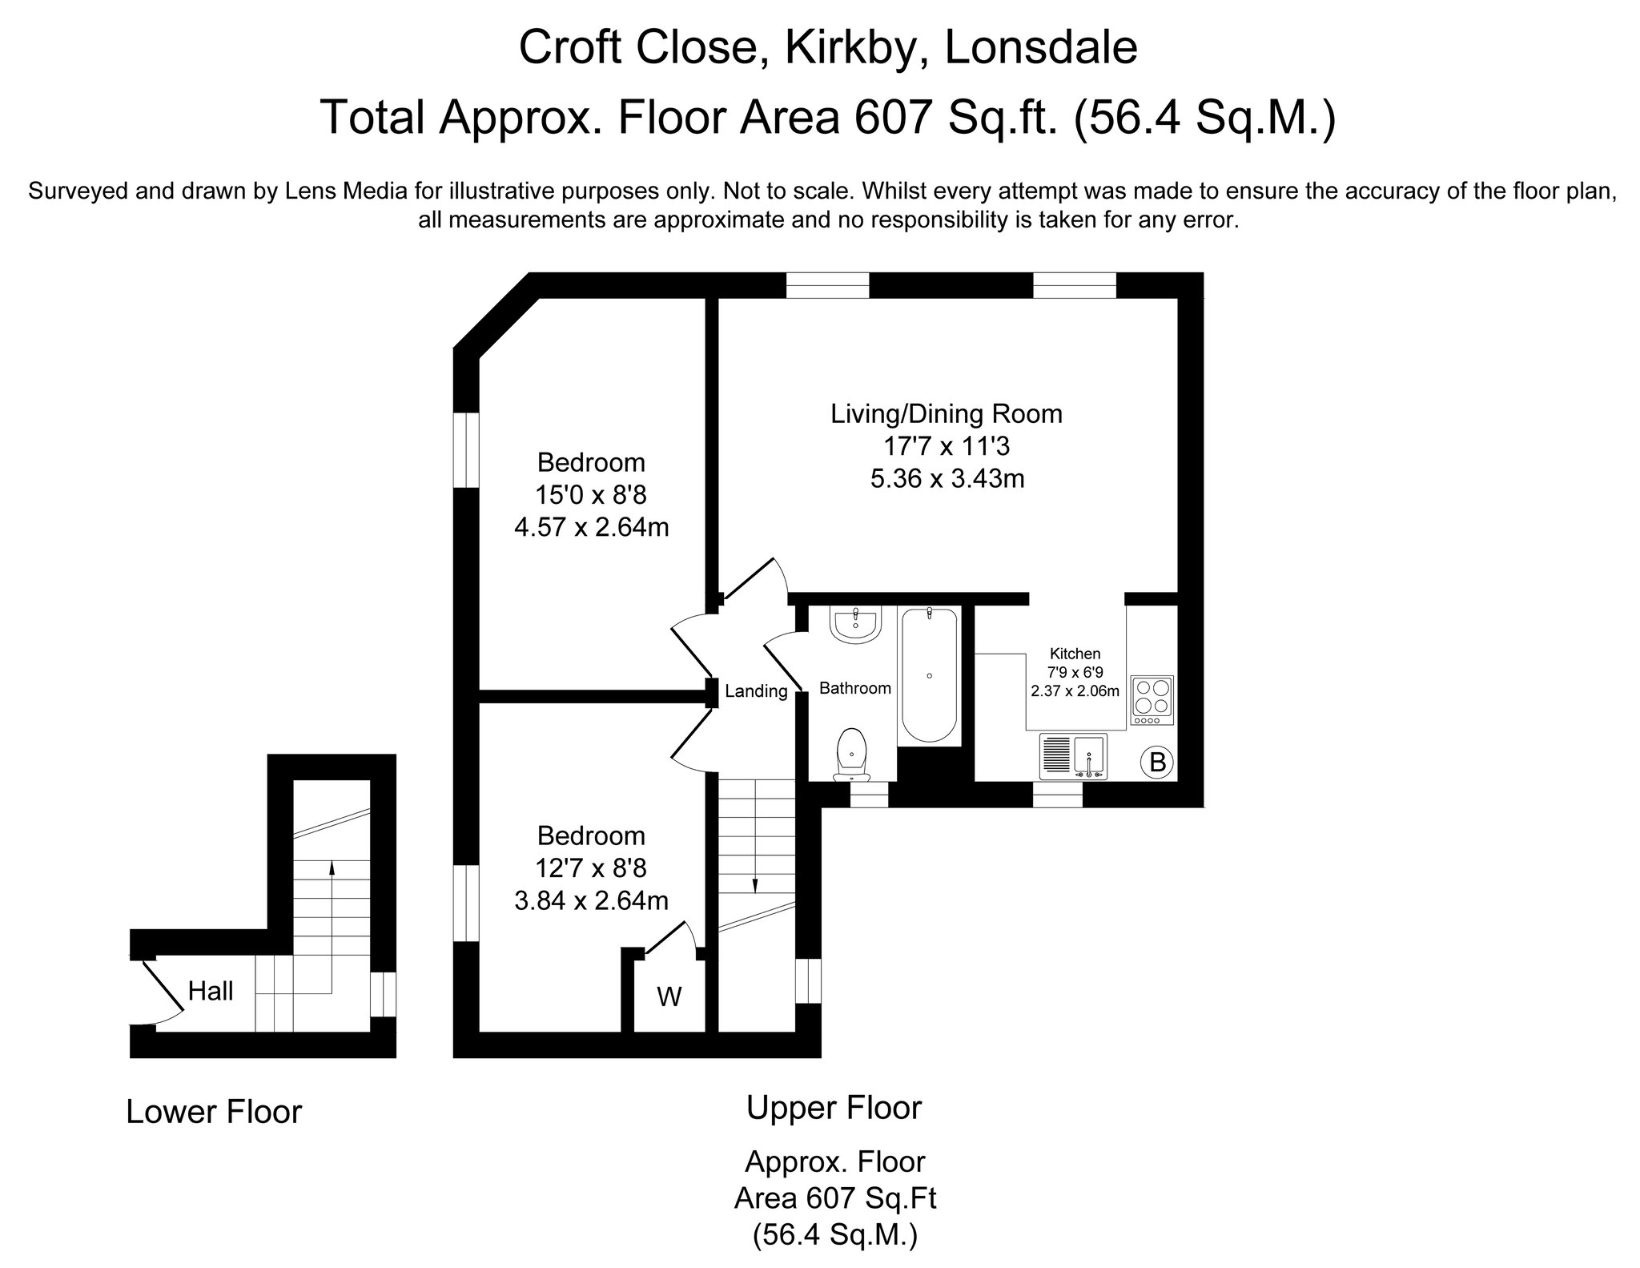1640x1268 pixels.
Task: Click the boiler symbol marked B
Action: tap(1157, 762)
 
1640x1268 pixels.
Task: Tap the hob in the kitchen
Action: tap(1152, 701)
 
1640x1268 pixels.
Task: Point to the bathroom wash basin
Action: tap(857, 626)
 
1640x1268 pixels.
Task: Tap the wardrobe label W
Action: tap(669, 997)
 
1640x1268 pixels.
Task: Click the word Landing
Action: tap(756, 691)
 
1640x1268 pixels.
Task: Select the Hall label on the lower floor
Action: tap(211, 992)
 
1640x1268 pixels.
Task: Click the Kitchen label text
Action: tap(1075, 654)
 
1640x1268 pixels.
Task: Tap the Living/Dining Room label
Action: tap(947, 414)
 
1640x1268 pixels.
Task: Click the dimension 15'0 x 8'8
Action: tap(592, 495)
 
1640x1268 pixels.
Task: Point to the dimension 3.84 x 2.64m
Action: tap(592, 901)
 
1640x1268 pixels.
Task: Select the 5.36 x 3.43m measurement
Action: tap(947, 479)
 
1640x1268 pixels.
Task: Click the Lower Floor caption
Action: tap(214, 1113)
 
